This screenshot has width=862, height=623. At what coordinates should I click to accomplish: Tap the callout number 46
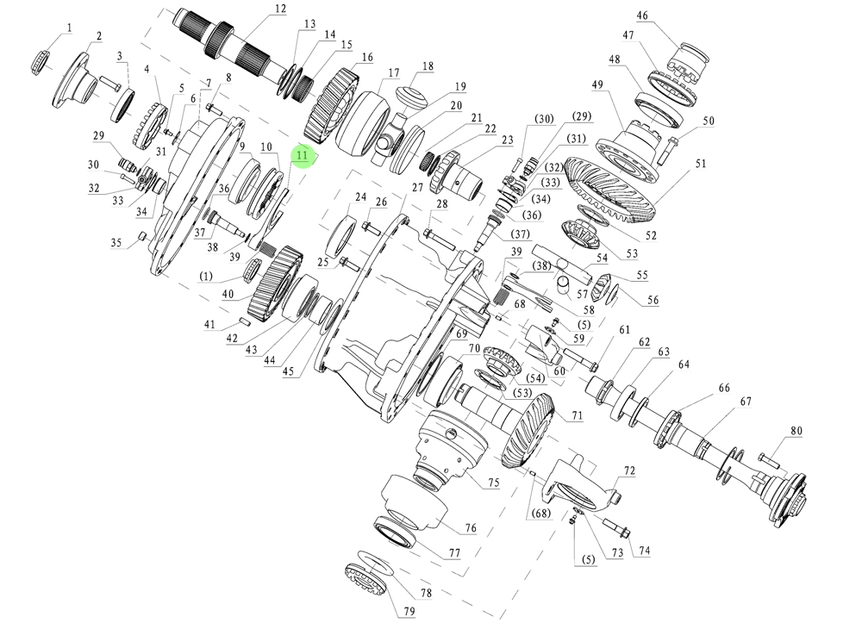(642, 16)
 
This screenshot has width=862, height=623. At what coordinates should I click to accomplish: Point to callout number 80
(796, 431)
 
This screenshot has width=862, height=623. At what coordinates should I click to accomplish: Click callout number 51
(701, 164)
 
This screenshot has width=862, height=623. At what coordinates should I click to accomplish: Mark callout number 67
(745, 402)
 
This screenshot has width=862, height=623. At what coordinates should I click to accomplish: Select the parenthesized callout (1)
(206, 277)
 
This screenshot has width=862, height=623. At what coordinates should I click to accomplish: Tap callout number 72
(629, 471)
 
